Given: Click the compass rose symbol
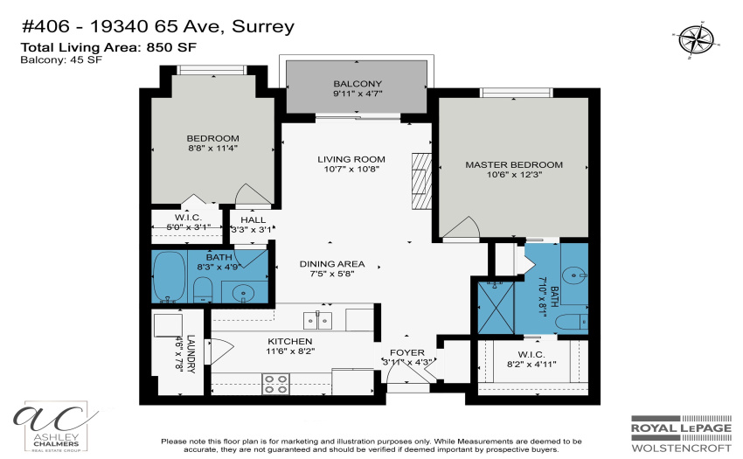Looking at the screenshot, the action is tap(696, 40).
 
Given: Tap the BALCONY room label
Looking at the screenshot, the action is tap(358, 83).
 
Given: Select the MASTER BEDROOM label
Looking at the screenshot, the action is tap(514, 164).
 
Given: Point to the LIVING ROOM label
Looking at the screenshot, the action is tap(351, 159).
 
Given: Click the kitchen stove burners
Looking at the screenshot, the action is tap(275, 384).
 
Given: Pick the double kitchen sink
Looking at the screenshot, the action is tap(317, 321).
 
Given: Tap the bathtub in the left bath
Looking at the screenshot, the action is tap(170, 277).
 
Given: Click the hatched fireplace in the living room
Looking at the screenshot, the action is tap(421, 181).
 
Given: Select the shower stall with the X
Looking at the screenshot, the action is tap(495, 307).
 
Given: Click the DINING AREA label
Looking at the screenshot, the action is tap(331, 264).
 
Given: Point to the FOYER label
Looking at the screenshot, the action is tap(407, 353).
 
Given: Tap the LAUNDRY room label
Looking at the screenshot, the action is tap(191, 354).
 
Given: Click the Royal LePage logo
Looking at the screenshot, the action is tap(681, 434).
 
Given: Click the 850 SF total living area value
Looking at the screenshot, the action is tap(171, 47).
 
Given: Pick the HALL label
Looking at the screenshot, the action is tap(253, 220).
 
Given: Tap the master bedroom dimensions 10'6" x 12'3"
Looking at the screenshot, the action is tap(514, 175).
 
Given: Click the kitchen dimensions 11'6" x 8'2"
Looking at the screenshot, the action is tap(290, 351).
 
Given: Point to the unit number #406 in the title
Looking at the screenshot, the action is tap(45, 26).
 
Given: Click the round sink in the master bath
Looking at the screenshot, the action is tap(574, 275).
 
